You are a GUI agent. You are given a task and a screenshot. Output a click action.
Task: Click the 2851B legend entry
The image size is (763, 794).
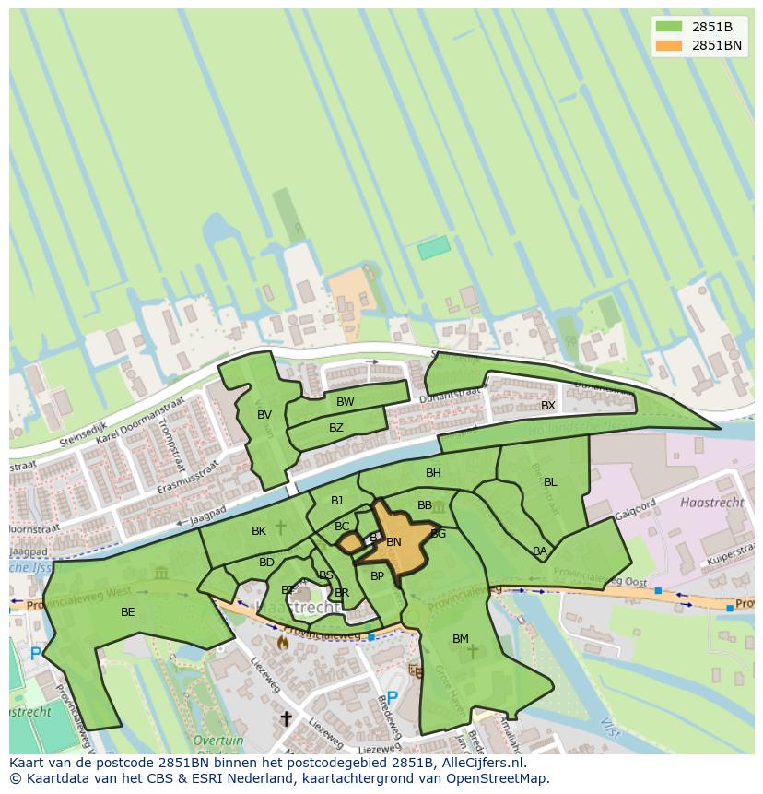(x=711, y=26)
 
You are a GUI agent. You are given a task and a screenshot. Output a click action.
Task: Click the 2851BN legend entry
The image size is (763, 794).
(x=716, y=45)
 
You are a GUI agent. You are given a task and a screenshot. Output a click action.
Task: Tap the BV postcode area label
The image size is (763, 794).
(x=264, y=415)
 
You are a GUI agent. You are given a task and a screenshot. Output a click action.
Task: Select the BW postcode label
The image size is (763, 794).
(x=345, y=402)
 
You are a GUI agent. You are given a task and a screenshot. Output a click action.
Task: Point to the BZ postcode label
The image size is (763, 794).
(x=335, y=428)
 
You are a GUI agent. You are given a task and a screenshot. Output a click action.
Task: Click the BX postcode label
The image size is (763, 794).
(x=548, y=406)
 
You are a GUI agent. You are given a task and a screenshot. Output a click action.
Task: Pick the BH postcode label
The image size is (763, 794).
(x=433, y=473)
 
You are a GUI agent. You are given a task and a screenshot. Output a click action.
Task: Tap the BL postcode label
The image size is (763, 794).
(x=550, y=482)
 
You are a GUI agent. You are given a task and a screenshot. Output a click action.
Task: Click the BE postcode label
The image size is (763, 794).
(x=127, y=612)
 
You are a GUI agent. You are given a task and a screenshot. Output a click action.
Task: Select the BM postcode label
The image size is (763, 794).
(x=461, y=639)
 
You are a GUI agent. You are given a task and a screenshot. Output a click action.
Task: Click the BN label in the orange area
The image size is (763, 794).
(x=393, y=542)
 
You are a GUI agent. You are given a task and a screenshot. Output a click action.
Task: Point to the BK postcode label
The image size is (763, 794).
(x=259, y=531)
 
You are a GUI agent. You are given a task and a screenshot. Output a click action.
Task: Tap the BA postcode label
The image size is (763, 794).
(x=540, y=551)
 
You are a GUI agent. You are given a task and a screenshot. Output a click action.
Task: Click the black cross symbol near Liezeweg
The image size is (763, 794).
(x=286, y=718)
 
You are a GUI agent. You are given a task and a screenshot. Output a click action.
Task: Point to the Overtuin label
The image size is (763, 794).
(x=218, y=741)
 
